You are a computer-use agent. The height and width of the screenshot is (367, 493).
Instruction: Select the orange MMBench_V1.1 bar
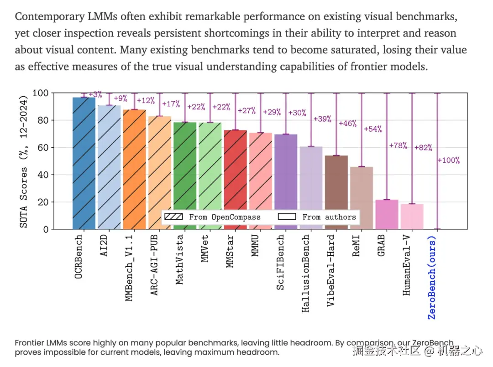134,169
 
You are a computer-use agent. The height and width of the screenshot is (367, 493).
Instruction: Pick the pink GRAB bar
387,214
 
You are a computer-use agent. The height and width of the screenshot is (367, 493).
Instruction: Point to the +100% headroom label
449,160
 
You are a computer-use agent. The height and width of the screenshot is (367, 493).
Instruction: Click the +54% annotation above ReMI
372,129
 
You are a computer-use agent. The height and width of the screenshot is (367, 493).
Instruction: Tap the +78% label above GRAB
398,146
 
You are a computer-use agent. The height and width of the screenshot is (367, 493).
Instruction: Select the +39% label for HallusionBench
322,119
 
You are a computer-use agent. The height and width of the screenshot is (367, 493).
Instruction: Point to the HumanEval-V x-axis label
407,265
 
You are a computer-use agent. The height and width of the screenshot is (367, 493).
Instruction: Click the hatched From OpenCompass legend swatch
173,217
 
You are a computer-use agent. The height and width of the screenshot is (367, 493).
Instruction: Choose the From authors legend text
329,217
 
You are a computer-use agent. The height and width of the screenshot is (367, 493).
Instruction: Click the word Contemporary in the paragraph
50,17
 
